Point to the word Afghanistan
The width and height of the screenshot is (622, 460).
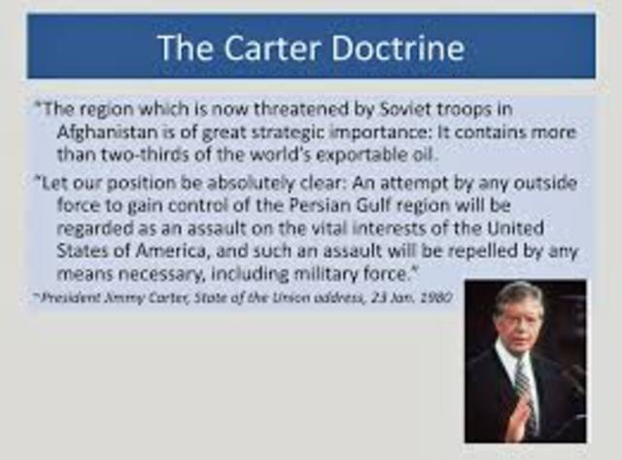(107, 132)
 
